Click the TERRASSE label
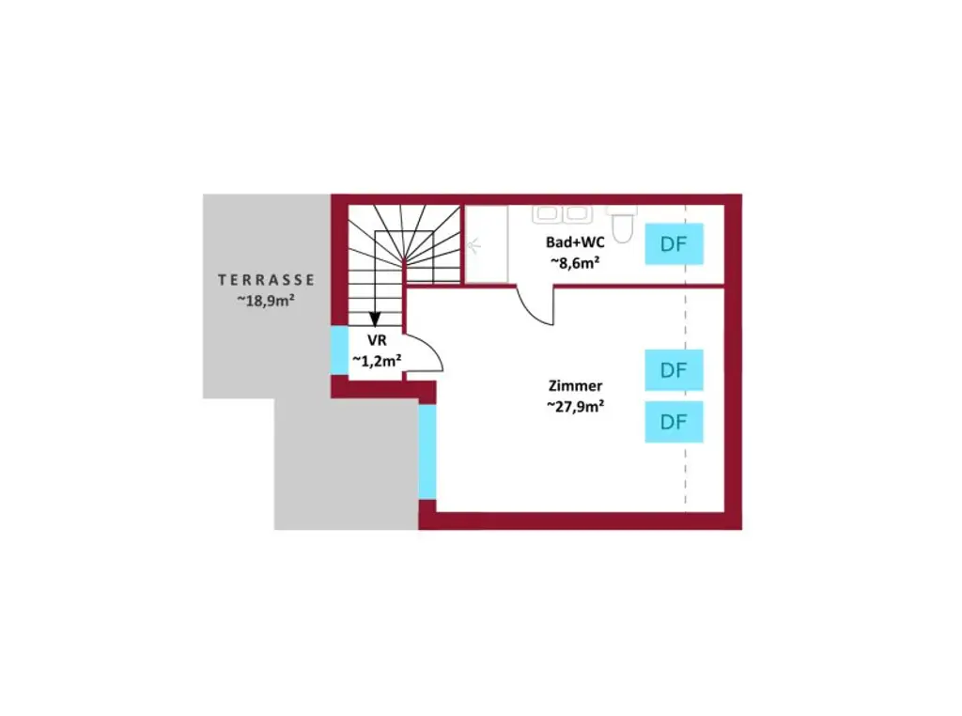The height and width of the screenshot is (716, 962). click(267, 279)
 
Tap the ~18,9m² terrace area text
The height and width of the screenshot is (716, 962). click(267, 301)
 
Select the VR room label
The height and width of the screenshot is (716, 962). click(376, 341)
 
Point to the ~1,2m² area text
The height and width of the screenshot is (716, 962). click(376, 360)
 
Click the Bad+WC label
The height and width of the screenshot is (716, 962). click(574, 241)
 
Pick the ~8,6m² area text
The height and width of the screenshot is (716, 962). click(574, 263)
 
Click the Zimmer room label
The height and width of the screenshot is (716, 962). click(575, 385)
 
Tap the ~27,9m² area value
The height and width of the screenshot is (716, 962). click(575, 406)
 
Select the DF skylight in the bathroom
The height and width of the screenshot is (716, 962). click(673, 244)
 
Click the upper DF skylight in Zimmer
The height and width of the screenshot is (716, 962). click(674, 370)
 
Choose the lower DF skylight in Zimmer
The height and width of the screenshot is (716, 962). click(674, 422)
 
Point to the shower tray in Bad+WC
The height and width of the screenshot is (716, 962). click(488, 244)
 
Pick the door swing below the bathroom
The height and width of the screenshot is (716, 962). click(538, 304)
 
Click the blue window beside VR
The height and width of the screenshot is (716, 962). click(339, 350)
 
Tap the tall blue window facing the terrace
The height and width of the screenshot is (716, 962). click(427, 452)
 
